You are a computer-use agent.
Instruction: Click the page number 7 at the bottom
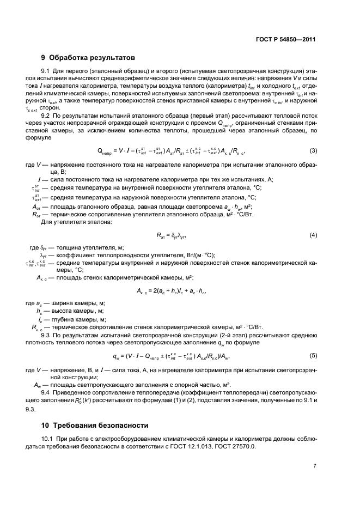(x=315, y=466)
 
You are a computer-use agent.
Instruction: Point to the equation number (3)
(x=313, y=166)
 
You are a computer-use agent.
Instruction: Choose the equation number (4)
(x=313, y=235)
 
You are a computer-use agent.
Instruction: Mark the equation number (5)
(x=313, y=355)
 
